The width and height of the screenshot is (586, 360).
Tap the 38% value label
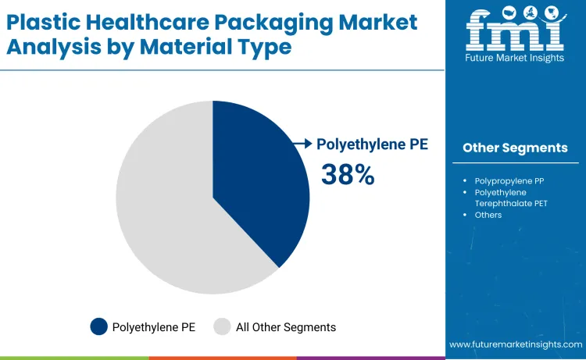[348, 175]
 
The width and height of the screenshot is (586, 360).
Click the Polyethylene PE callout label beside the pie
[372, 144]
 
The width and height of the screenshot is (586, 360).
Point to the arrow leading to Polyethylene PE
[302, 143]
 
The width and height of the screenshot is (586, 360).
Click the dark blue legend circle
[98, 326]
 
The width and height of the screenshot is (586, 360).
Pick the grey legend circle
[222, 326]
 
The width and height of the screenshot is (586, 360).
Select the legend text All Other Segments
[286, 327]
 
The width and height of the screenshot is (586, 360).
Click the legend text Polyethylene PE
[154, 327]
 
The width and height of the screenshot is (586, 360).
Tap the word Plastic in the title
[40, 23]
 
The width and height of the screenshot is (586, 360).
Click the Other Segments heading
[515, 148]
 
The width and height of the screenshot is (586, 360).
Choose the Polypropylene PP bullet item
[509, 180]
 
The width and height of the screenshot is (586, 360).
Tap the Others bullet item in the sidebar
[488, 215]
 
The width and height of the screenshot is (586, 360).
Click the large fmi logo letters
[514, 30]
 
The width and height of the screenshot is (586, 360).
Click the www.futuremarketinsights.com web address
[516, 344]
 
